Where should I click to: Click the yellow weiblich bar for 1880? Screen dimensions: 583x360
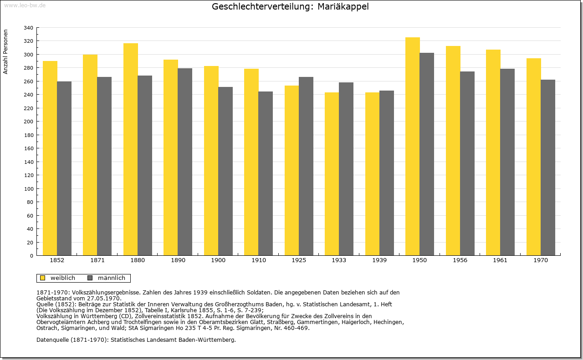pyautogui.click(x=131, y=149)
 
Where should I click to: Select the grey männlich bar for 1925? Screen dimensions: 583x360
pyautogui.click(x=306, y=166)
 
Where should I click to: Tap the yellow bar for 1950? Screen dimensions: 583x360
pyautogui.click(x=413, y=147)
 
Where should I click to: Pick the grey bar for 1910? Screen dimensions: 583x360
pyautogui.click(x=266, y=173)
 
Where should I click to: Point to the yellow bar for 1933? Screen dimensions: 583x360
pyautogui.click(x=332, y=174)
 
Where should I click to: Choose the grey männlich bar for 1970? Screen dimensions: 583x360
pyautogui.click(x=548, y=167)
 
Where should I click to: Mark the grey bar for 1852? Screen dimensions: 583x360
pyautogui.click(x=64, y=168)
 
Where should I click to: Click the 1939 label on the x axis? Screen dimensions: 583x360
pyautogui.click(x=379, y=260)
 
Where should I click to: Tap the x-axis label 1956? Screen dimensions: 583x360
pyautogui.click(x=460, y=260)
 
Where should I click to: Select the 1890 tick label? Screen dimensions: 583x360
pyautogui.click(x=178, y=260)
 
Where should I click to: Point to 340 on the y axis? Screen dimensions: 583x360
pyautogui.click(x=28, y=28)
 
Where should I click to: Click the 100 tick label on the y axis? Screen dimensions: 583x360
pyautogui.click(x=28, y=189)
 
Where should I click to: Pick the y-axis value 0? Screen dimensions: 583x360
pyautogui.click(x=31, y=256)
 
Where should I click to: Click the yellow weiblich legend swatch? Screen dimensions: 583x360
pyautogui.click(x=43, y=278)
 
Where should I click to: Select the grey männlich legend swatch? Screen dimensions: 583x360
pyautogui.click(x=90, y=278)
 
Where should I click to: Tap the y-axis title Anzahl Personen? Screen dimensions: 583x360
pyautogui.click(x=5, y=52)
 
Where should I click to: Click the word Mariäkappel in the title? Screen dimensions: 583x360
pyautogui.click(x=343, y=7)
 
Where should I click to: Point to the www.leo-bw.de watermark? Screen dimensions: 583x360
pyautogui.click(x=25, y=5)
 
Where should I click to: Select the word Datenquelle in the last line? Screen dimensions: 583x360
pyautogui.click(x=52, y=340)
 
